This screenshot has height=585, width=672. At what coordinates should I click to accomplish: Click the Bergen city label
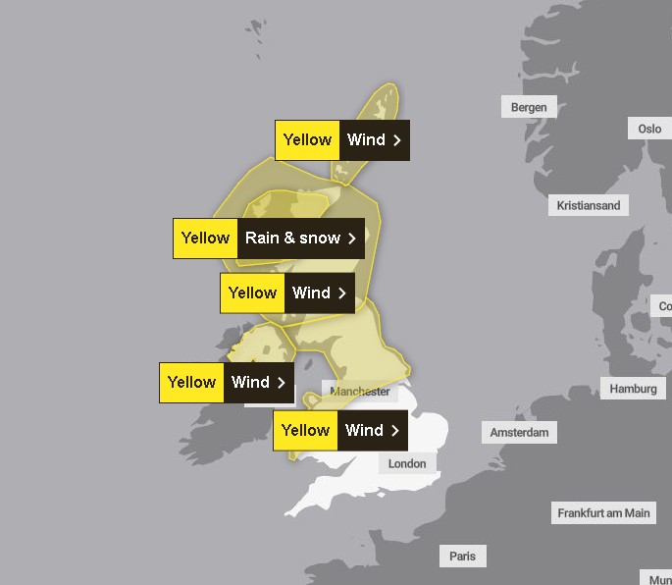point(529,107)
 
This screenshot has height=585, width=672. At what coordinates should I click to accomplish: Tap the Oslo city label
point(649,129)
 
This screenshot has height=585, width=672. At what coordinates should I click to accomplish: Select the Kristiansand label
point(588,205)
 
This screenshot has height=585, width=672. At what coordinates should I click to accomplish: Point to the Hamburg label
point(633,389)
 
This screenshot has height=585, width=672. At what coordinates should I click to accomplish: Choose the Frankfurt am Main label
point(603,512)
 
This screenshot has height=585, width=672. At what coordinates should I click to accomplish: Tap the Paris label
point(462,556)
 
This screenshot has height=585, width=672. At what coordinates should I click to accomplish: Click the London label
point(407,463)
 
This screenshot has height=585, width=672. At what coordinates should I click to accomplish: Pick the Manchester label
point(360,392)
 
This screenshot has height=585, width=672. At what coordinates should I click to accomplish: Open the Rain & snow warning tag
point(269,239)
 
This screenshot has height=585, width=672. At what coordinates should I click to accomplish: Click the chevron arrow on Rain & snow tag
point(352,239)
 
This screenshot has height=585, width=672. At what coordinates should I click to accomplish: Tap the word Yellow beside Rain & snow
point(205,239)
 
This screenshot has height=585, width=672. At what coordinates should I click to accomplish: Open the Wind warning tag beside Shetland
point(341,140)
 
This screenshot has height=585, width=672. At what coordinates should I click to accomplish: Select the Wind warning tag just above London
point(339,430)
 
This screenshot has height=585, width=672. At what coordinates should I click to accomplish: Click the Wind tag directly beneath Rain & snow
point(286,292)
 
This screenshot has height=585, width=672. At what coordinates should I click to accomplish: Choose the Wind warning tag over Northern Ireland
point(226,383)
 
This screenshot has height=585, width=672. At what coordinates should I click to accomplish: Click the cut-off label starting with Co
point(664,306)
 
